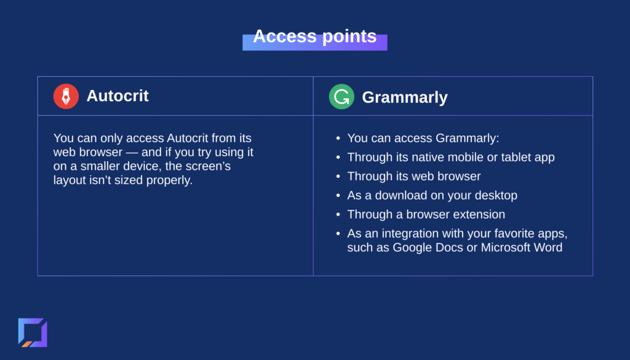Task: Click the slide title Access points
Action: coord(314,36)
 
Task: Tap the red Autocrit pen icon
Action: coord(66,97)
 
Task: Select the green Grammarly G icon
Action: coord(341,97)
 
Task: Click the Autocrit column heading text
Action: coord(118,96)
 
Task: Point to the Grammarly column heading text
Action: coord(405,98)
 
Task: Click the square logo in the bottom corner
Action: coord(33,332)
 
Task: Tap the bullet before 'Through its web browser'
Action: coord(338,177)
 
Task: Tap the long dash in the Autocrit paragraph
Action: coord(132,153)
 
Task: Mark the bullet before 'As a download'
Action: coord(338,195)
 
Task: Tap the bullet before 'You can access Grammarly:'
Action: coord(338,138)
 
